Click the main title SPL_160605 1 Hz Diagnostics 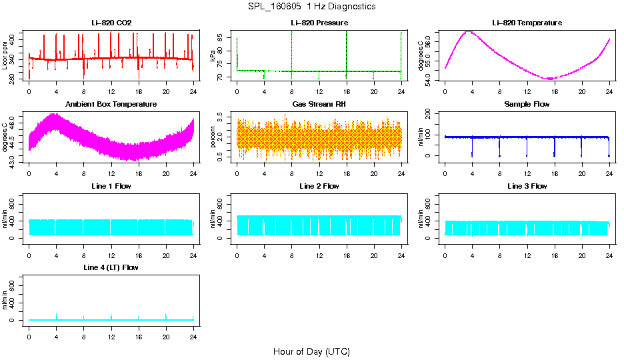click(x=311, y=6)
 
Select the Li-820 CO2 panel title click(x=111, y=23)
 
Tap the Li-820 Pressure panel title click(x=319, y=23)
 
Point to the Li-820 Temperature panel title click(x=527, y=23)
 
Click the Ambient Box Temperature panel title click(x=111, y=104)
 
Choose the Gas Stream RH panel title click(x=319, y=104)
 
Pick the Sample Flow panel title click(x=527, y=104)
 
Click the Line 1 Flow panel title click(x=111, y=186)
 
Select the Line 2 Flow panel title click(x=319, y=186)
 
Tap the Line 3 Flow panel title click(x=527, y=186)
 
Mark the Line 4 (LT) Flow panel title click(x=111, y=267)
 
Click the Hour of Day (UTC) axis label click(x=311, y=351)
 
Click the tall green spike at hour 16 click(x=347, y=47)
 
